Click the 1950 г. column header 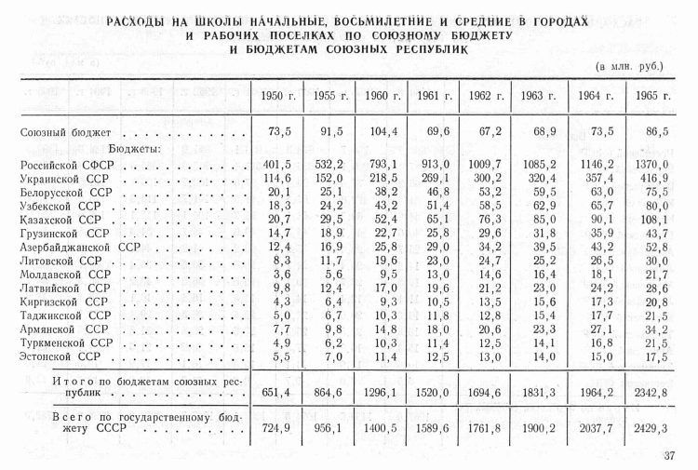pyautogui.click(x=276, y=95)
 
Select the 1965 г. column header pyautogui.click(x=652, y=95)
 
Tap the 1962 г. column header pyautogui.click(x=486, y=95)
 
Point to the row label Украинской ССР pyautogui.click(x=64, y=177)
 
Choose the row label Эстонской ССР pyautogui.click(x=60, y=356)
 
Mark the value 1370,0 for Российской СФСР pyautogui.click(x=652, y=164)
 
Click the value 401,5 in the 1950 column pyautogui.click(x=276, y=164)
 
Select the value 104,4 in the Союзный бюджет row pyautogui.click(x=383, y=132)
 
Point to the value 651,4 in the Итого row pyautogui.click(x=276, y=392)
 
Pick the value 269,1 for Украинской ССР pyautogui.click(x=435, y=178)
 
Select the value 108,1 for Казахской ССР pyautogui.click(x=652, y=220)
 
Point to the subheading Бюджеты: pyautogui.click(x=136, y=148)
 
